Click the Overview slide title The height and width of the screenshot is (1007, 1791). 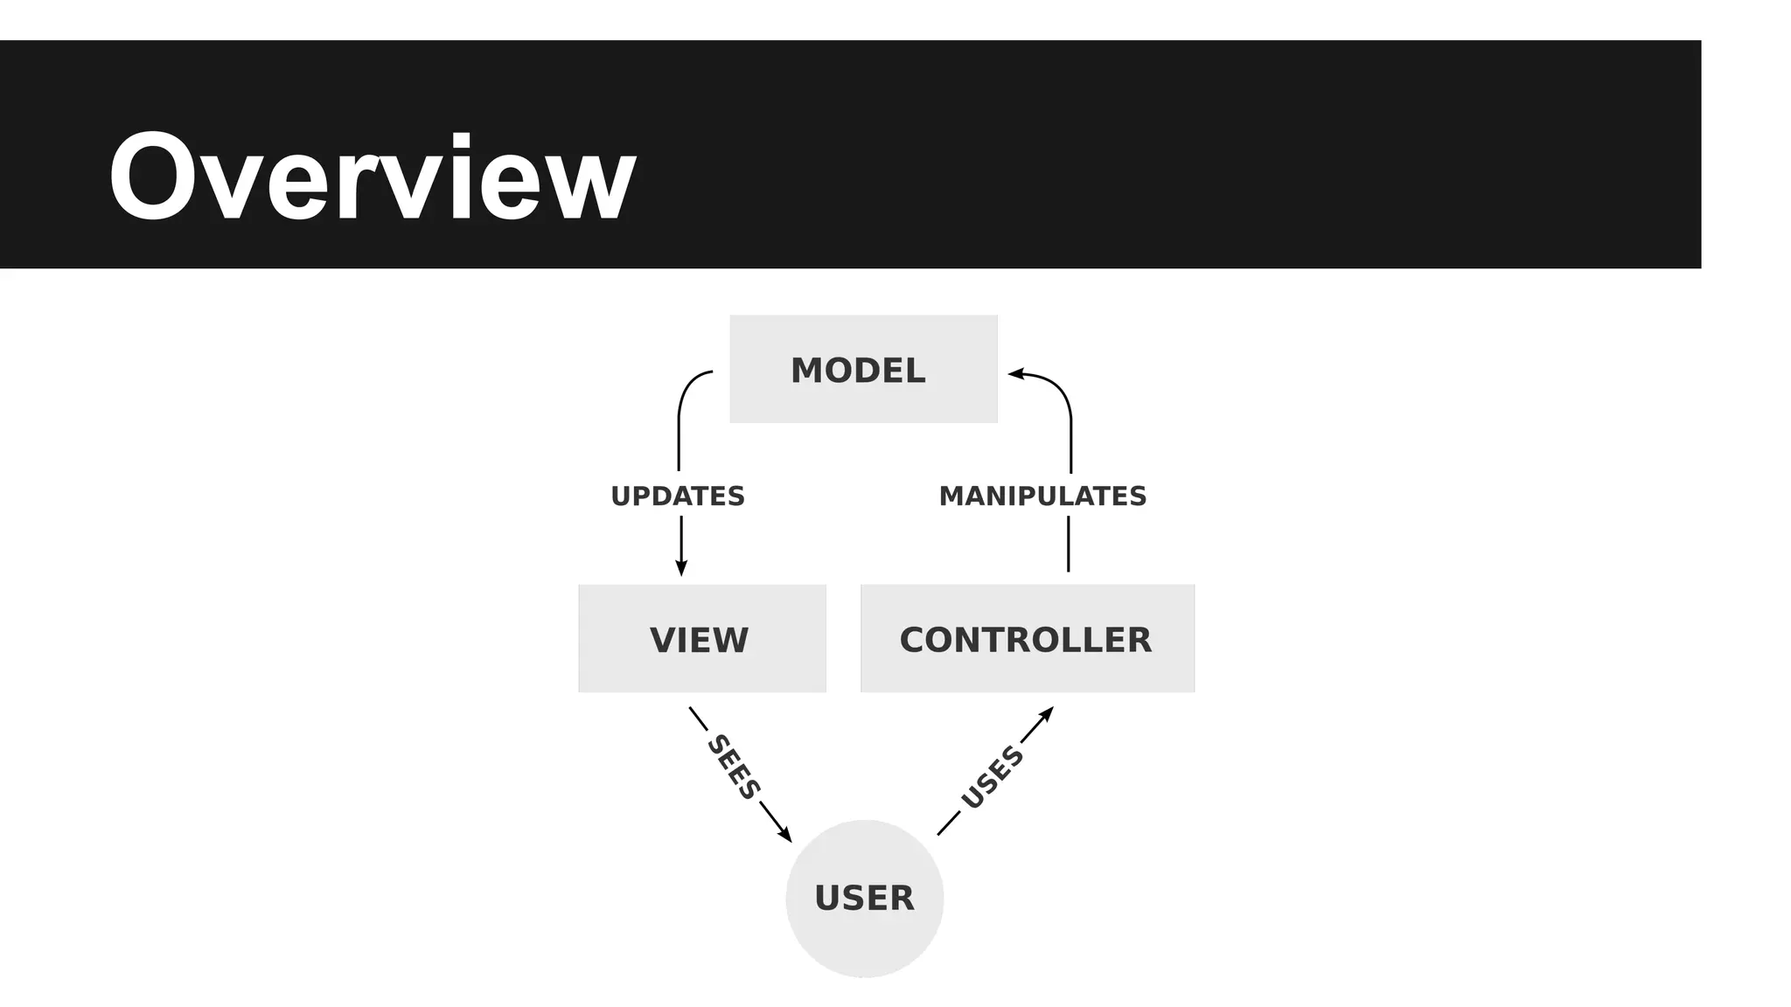pyautogui.click(x=372, y=177)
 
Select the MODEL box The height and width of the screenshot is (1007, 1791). pyautogui.click(x=863, y=369)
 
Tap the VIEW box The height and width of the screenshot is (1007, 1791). pyautogui.click(x=701, y=639)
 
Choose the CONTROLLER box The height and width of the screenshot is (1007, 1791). pyautogui.click(x=1027, y=639)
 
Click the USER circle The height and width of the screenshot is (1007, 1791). pyautogui.click(x=864, y=898)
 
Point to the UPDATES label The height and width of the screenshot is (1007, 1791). pyautogui.click(x=678, y=497)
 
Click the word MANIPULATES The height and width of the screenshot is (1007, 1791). pyautogui.click(x=1042, y=497)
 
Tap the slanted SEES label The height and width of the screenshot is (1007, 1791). pyautogui.click(x=733, y=767)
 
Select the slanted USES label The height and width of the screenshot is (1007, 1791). pyautogui.click(x=992, y=777)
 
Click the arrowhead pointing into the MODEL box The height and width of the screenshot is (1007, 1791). pyautogui.click(x=1016, y=374)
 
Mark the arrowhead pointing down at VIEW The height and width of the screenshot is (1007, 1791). pyautogui.click(x=681, y=568)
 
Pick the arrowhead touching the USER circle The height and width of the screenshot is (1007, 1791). pyautogui.click(x=784, y=834)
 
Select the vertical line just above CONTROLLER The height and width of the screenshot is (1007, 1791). pyautogui.click(x=1068, y=544)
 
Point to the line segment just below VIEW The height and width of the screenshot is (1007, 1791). pyautogui.click(x=698, y=719)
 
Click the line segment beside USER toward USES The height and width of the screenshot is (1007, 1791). pyautogui.click(x=949, y=823)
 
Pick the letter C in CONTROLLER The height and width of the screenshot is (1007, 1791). pyautogui.click(x=914, y=640)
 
